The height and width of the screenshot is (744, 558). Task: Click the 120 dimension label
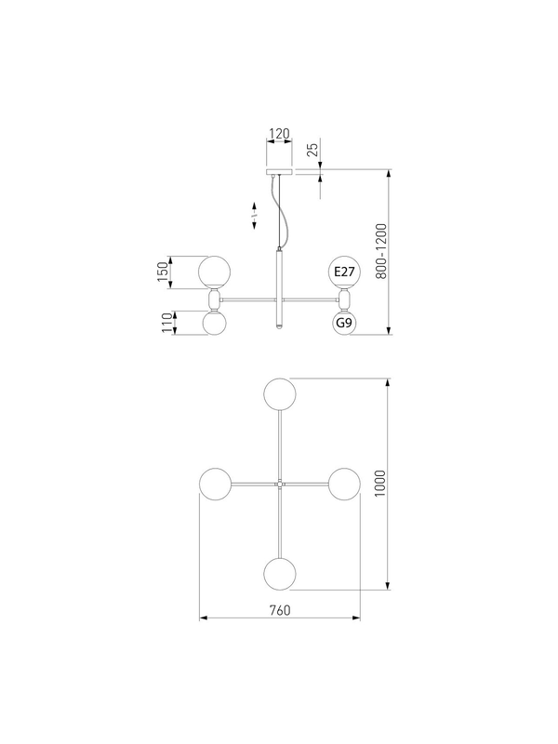[x=279, y=134]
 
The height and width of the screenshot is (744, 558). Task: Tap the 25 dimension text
[x=313, y=150]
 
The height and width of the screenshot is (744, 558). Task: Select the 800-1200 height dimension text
[x=381, y=251]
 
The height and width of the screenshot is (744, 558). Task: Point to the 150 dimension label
[x=163, y=272]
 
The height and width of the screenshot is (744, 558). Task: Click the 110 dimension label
[x=166, y=323]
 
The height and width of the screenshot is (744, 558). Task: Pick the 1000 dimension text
[x=380, y=484]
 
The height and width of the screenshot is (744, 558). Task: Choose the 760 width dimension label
[x=280, y=610]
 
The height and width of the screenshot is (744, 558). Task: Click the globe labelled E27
[x=344, y=272]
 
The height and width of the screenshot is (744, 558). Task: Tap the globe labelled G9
[x=344, y=323]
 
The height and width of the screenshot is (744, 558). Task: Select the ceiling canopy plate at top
[x=280, y=171]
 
